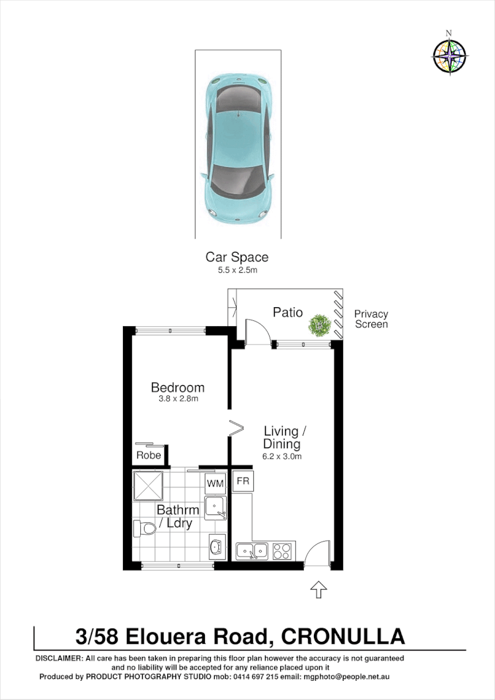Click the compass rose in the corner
pyautogui.click(x=449, y=55)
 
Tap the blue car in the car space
pyautogui.click(x=237, y=147)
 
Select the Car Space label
pyautogui.click(x=237, y=257)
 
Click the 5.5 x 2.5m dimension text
pyautogui.click(x=237, y=269)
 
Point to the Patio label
pyautogui.click(x=287, y=312)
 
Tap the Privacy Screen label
pyautogui.click(x=371, y=319)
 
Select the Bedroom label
pyautogui.click(x=177, y=388)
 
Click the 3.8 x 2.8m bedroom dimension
pyautogui.click(x=177, y=399)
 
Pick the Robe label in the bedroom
pyautogui.click(x=149, y=456)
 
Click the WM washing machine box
pyautogui.click(x=215, y=484)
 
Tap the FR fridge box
pyautogui.click(x=243, y=481)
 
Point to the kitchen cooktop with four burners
pyautogui.click(x=282, y=550)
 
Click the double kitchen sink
pyautogui.click(x=252, y=550)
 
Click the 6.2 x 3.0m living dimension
pyautogui.click(x=282, y=456)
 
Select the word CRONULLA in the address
pyautogui.click(x=343, y=637)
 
